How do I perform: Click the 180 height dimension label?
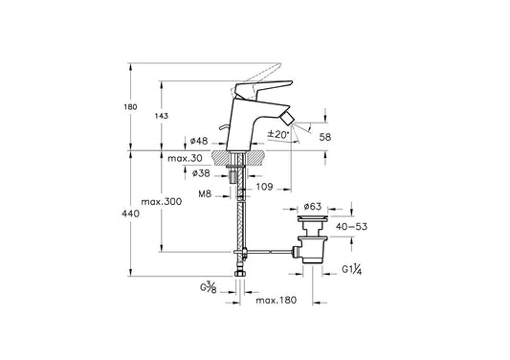point(130,107)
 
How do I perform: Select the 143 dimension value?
point(162,116)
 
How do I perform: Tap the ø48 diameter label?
point(199,141)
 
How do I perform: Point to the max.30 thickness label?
point(185,159)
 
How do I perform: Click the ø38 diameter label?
point(201,173)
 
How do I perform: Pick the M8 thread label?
point(205,194)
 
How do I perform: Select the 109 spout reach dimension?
point(264,187)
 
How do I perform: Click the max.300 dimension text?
point(162,202)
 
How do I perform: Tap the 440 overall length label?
point(130,214)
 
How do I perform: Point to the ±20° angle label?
point(278,134)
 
